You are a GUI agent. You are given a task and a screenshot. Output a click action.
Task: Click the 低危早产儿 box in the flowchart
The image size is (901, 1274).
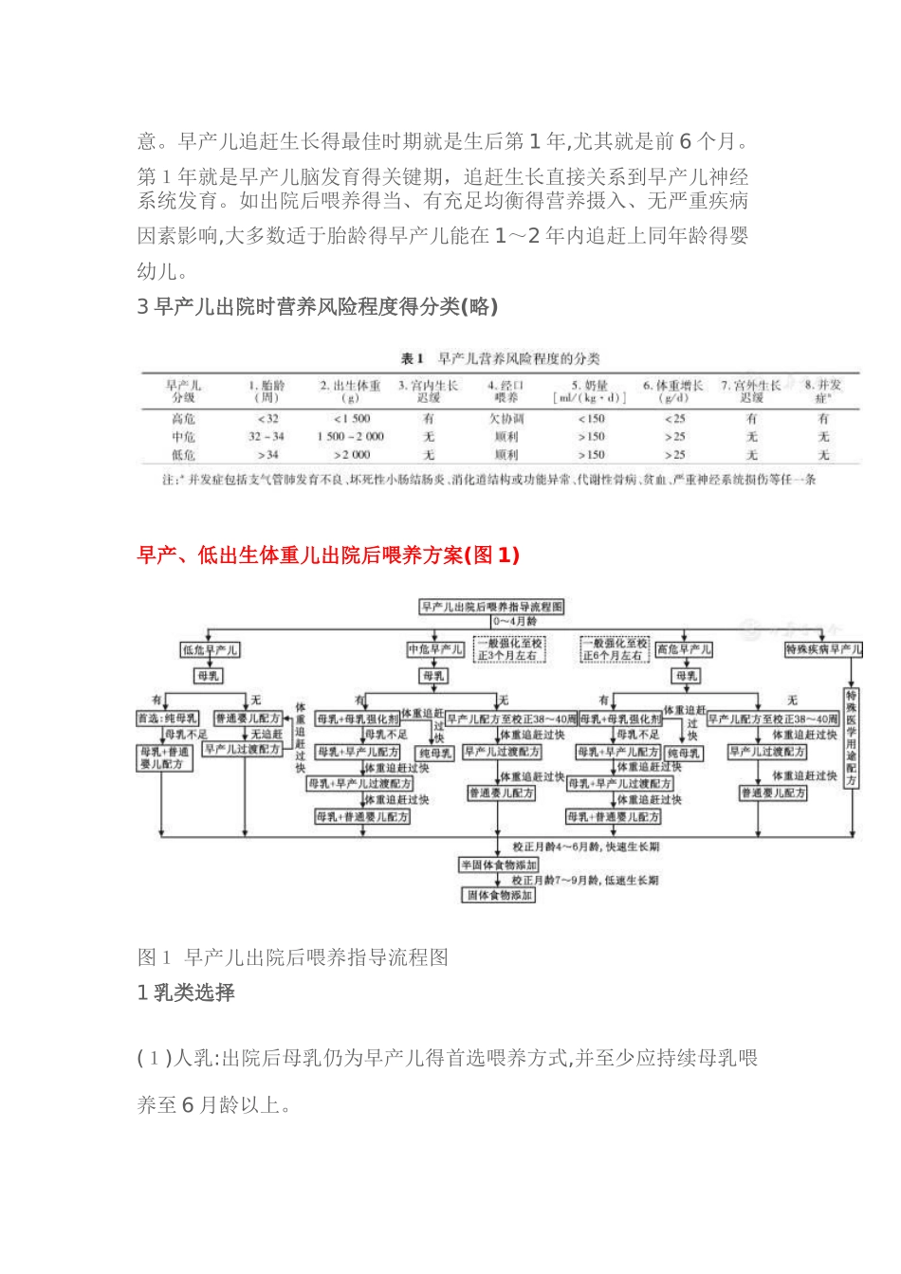point(211,649)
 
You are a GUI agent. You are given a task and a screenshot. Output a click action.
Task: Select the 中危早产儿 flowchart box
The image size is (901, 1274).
point(435,649)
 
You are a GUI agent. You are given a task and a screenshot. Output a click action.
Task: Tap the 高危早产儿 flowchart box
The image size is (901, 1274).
point(684,649)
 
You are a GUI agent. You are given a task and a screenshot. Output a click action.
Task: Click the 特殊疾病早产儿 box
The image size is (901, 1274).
point(823,649)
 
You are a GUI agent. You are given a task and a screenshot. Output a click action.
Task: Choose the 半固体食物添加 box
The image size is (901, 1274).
point(499,864)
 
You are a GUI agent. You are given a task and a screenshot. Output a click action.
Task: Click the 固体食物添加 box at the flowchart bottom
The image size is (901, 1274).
point(499,895)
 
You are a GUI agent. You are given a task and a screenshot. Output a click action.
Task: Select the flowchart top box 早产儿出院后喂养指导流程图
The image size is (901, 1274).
point(491,607)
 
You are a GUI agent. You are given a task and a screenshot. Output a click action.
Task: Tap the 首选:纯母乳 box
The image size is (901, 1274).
point(168,719)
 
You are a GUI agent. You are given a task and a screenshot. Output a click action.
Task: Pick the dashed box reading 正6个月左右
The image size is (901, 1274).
point(615,649)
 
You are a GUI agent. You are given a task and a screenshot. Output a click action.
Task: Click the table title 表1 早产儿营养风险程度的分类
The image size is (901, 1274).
point(500,358)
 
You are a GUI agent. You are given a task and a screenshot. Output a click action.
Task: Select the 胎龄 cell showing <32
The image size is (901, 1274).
point(267,418)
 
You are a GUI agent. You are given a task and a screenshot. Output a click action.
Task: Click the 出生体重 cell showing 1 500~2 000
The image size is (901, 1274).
point(350,436)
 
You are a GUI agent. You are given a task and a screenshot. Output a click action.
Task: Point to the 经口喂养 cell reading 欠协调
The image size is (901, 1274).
point(506,418)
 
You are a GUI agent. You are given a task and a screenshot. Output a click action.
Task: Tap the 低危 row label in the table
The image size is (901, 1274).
point(183,455)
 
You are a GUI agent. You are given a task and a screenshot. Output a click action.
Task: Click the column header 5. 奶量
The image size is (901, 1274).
point(590,391)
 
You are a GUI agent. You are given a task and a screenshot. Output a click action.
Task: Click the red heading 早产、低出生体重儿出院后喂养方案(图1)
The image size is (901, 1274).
point(328,555)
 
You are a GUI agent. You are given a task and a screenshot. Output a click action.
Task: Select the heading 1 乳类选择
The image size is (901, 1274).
point(186,992)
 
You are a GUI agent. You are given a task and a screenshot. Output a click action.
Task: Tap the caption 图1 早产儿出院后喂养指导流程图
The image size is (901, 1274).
point(292,957)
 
